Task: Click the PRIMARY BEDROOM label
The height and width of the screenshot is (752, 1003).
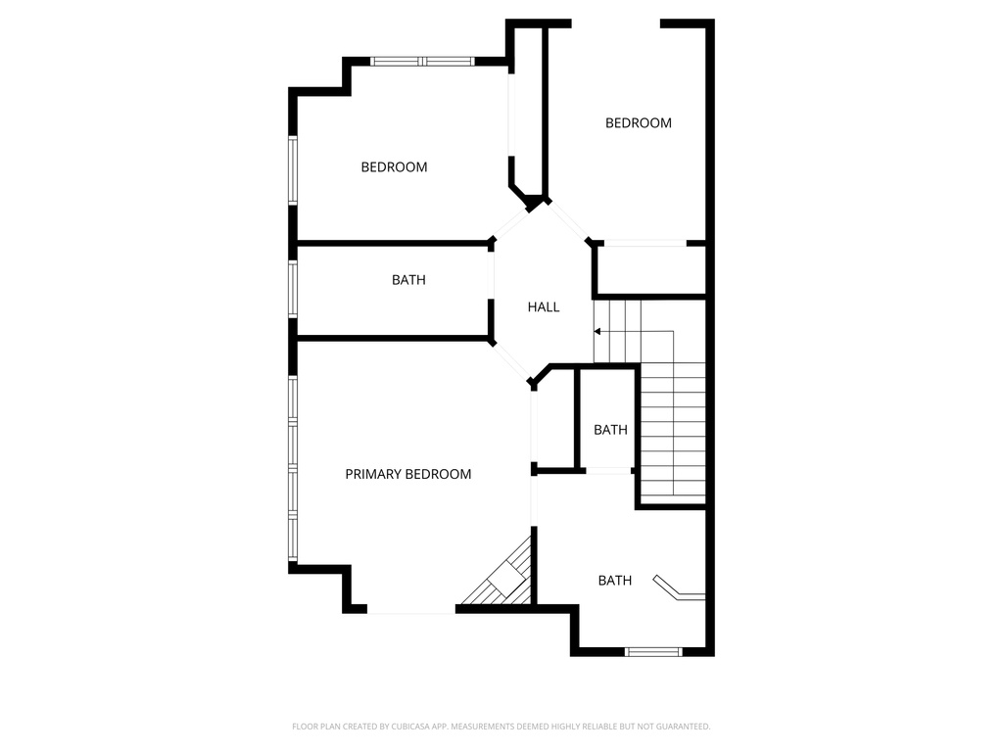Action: (407, 474)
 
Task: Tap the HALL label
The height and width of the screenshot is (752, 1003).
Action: (544, 307)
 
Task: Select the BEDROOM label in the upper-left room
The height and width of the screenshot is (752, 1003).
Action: (394, 167)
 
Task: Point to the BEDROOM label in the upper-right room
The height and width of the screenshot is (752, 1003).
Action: (638, 123)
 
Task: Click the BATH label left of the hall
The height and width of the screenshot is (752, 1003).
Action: (408, 280)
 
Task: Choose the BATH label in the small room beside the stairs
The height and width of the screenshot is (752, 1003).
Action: (610, 430)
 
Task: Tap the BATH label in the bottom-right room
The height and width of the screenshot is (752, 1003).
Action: (615, 581)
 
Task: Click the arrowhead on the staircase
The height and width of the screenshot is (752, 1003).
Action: (597, 332)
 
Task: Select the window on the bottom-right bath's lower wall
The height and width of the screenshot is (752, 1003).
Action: (653, 651)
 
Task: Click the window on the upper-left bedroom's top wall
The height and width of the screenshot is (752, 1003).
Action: (422, 62)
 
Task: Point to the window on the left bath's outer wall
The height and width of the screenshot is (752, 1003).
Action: (292, 289)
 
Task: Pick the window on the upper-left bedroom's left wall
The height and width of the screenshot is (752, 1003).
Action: (292, 170)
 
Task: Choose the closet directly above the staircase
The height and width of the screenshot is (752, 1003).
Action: (650, 269)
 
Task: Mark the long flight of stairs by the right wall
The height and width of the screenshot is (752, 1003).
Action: (672, 431)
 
